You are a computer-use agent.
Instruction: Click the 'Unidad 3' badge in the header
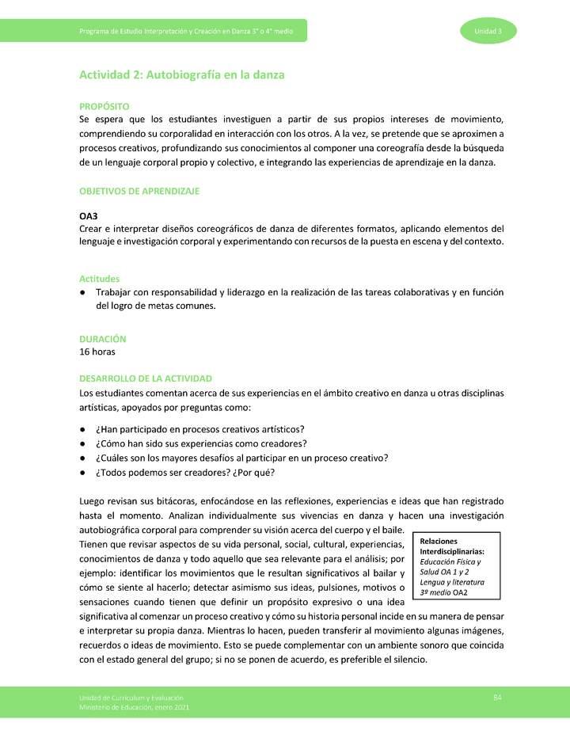click(x=488, y=31)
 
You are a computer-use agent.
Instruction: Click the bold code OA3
click(x=88, y=215)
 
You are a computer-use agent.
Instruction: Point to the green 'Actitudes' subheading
click(x=99, y=279)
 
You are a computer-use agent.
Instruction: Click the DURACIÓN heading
click(x=102, y=338)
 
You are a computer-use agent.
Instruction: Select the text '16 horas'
click(x=99, y=352)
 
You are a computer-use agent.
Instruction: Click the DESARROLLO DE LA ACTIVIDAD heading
click(x=145, y=379)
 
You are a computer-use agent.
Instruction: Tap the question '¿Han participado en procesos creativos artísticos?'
click(x=200, y=428)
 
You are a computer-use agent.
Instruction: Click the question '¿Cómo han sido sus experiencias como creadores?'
click(x=201, y=443)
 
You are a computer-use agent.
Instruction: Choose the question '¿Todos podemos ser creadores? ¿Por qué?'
click(x=185, y=473)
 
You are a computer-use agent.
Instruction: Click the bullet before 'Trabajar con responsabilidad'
click(x=83, y=292)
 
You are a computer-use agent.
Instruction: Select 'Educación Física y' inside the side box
click(x=450, y=561)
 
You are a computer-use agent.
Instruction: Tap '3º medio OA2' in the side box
click(x=446, y=592)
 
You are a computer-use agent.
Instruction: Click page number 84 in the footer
click(x=497, y=696)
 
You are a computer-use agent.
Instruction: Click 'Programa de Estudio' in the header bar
click(x=107, y=31)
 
